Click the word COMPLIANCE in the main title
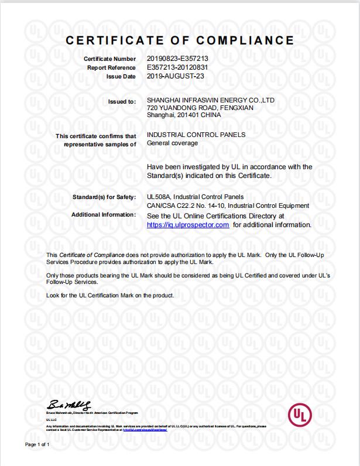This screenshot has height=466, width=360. point(244,40)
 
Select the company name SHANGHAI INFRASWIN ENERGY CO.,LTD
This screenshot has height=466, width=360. point(211,101)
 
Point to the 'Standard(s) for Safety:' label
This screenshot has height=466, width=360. point(104,196)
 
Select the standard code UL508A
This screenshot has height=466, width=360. point(156,196)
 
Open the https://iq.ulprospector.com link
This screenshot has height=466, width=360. point(187,225)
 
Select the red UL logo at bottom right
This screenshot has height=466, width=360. point(299,416)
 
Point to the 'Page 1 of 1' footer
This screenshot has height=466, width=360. point(37,446)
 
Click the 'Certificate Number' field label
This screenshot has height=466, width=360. point(109,60)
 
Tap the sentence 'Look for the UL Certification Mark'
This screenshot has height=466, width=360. point(110,296)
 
